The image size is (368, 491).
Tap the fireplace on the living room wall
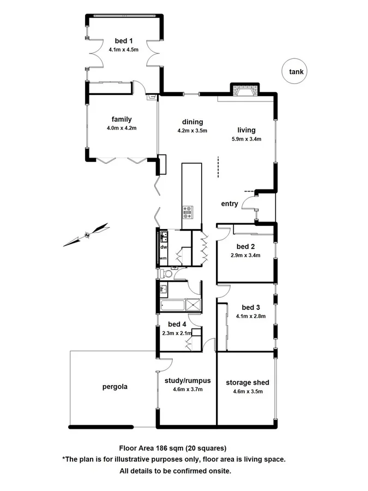click(244, 90)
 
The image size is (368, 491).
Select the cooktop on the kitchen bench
click(188, 212)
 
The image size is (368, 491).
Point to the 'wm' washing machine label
click(163, 258)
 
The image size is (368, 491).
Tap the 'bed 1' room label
click(123, 41)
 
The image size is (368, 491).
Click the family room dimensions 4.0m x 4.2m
click(122, 128)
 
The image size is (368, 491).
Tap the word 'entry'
click(230, 204)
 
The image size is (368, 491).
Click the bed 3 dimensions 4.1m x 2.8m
click(251, 316)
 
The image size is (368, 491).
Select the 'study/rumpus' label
click(188, 381)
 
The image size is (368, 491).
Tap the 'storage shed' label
click(248, 382)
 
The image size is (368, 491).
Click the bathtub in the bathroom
click(172, 305)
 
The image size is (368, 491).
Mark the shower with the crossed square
click(193, 305)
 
